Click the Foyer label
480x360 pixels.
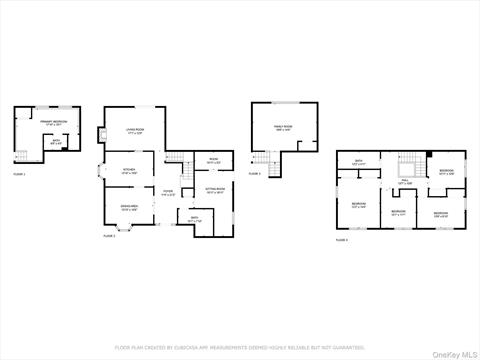tap(169, 193)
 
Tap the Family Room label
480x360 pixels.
tap(283, 128)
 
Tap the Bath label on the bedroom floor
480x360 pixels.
tap(358, 161)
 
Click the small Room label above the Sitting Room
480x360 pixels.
tap(213, 160)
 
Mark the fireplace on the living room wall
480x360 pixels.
tap(101, 136)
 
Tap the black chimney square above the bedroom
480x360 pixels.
tap(430, 154)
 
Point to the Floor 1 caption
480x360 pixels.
tap(19, 174)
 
